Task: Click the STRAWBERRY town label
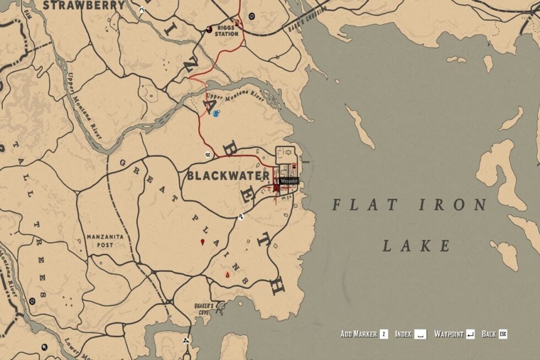tap(84, 6)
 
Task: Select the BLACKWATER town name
tap(228, 176)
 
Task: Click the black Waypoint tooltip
tap(289, 181)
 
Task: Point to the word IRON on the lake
tap(453, 205)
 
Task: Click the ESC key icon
tap(503, 334)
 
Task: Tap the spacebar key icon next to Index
tap(420, 334)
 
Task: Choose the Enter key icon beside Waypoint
tap(470, 334)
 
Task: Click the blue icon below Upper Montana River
tap(216, 114)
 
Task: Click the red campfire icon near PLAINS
tap(227, 274)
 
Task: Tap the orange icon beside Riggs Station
tap(237, 23)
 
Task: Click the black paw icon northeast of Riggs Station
tap(252, 16)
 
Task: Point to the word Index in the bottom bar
tap(403, 334)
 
